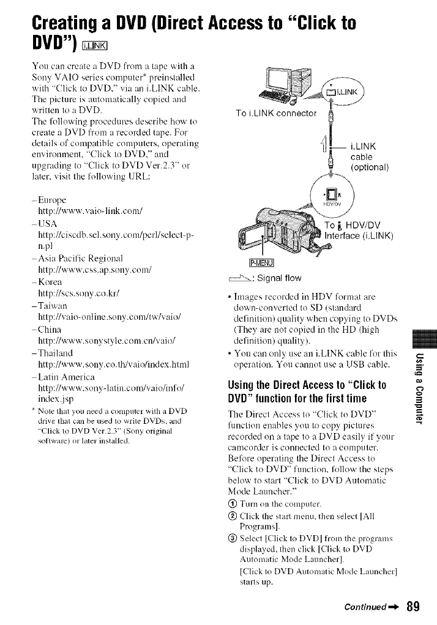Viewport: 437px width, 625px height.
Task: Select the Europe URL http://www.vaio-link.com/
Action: point(88,210)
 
